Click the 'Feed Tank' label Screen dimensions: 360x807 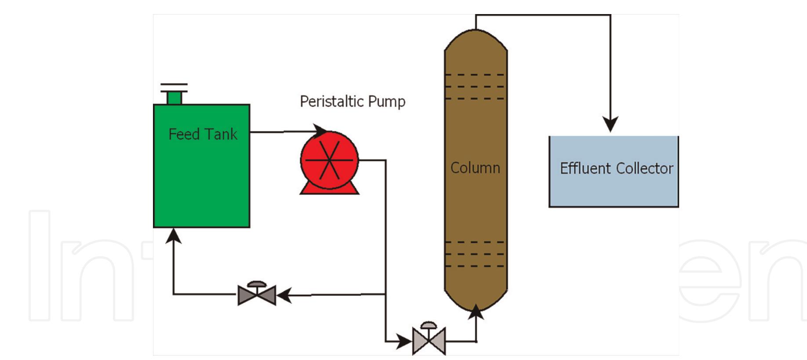click(x=203, y=134)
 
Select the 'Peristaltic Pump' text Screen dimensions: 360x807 click(x=352, y=102)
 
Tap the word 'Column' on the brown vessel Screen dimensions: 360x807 click(x=475, y=168)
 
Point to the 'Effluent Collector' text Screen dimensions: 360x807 click(x=616, y=168)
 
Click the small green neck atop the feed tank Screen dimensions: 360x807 click(x=174, y=98)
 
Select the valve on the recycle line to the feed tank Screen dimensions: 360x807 click(x=257, y=295)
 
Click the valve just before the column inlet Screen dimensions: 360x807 click(x=429, y=341)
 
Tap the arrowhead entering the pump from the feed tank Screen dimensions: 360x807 click(x=320, y=131)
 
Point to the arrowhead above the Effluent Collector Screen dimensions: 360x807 click(x=610, y=124)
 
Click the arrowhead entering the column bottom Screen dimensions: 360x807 click(x=476, y=311)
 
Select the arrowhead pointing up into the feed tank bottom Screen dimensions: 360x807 click(x=174, y=236)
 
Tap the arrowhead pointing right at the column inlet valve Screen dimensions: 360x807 click(x=404, y=341)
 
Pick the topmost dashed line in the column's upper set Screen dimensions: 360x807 click(x=475, y=75)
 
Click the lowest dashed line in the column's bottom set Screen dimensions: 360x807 click(x=475, y=266)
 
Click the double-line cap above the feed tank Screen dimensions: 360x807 click(x=174, y=87)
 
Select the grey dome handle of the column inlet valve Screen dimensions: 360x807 click(x=429, y=326)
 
